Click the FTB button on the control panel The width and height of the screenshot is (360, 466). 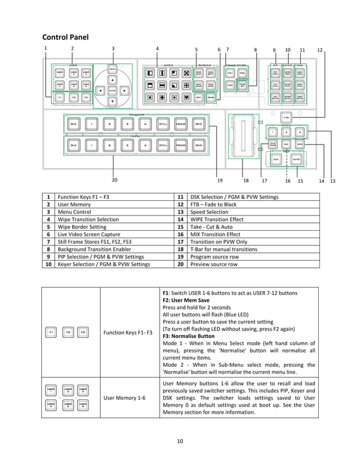point(287,118)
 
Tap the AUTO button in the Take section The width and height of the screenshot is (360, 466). point(297,160)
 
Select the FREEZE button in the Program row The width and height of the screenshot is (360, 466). point(181,124)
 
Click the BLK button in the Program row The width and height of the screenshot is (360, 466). point(73,124)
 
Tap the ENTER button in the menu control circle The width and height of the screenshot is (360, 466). point(112,90)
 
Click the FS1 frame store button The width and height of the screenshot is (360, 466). point(230,73)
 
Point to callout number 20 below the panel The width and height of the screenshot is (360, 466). point(115,180)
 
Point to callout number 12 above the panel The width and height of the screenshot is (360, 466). point(320,50)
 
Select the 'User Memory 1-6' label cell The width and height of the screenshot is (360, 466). point(125,398)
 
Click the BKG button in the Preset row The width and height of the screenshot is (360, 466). point(198,146)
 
